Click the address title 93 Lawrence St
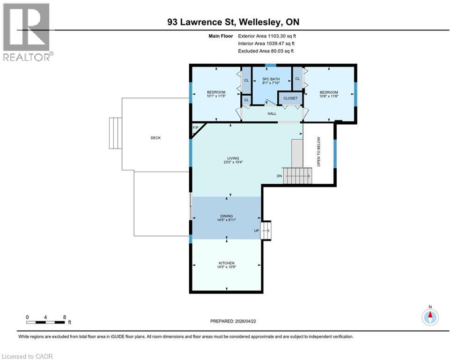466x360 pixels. (x=233, y=22)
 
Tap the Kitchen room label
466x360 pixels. (x=226, y=263)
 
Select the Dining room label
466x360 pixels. (x=226, y=216)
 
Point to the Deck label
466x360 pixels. (x=155, y=138)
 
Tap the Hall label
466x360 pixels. (x=272, y=113)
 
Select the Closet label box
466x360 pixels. (x=290, y=98)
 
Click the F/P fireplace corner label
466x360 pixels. (x=195, y=128)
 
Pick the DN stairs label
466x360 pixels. (x=279, y=176)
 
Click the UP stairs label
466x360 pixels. (x=256, y=231)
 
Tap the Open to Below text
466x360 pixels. (x=318, y=152)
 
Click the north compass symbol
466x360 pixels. (x=430, y=316)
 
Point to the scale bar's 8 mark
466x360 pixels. (x=64, y=317)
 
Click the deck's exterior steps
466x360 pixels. (x=115, y=134)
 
